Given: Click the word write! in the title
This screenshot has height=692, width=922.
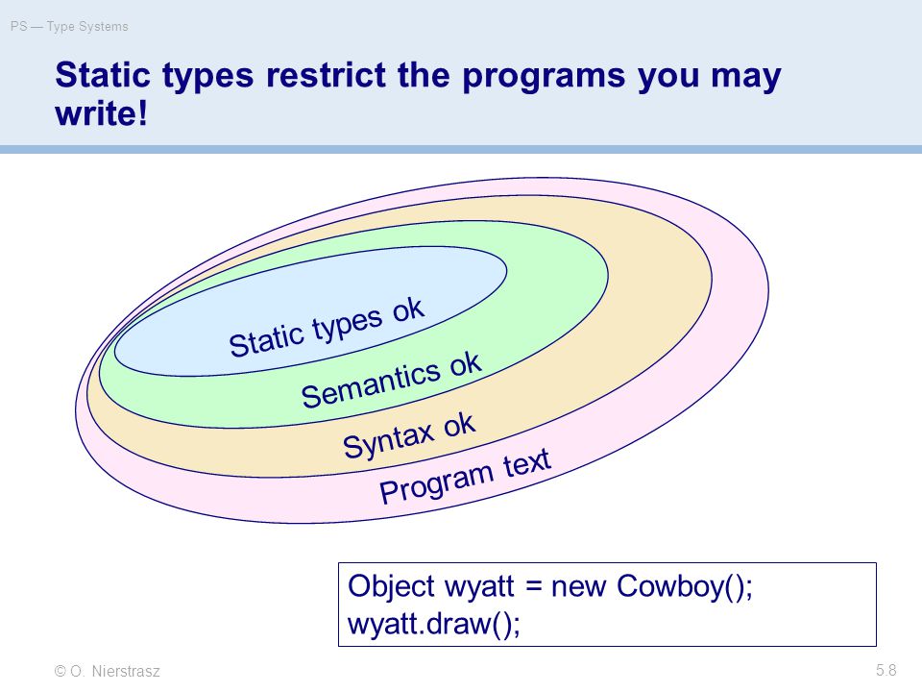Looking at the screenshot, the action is [101, 113].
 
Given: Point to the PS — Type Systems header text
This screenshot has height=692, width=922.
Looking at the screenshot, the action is [69, 27].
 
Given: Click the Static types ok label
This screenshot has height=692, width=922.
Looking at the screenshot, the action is [327, 328].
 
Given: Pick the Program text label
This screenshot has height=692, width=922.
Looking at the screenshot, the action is [465, 476].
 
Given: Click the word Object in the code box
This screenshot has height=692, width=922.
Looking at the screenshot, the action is [391, 586].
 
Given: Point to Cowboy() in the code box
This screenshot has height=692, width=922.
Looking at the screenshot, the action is [681, 586].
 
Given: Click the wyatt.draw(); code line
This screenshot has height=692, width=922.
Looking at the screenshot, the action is [434, 624].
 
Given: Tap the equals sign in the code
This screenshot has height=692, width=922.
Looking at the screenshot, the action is [533, 586].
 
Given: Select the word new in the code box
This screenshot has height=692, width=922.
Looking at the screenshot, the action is [578, 588].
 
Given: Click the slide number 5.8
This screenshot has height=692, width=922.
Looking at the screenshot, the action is [886, 670].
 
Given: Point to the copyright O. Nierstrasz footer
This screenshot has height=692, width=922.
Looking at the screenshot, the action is [107, 671].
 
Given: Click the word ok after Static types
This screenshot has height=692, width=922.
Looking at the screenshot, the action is [408, 309].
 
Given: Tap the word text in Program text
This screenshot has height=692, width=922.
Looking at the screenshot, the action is [527, 462].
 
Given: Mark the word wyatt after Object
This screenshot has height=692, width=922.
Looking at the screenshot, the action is [479, 587].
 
